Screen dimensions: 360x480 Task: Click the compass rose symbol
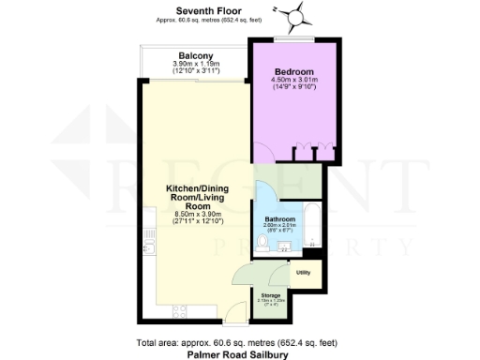point(297,15)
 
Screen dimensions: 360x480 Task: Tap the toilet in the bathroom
point(266,246)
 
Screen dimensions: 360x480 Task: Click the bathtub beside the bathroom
point(311,229)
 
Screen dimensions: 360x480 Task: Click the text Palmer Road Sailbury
point(236,354)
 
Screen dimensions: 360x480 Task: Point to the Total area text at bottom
point(236,342)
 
